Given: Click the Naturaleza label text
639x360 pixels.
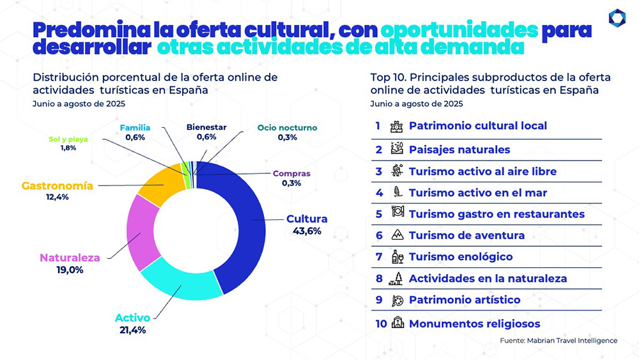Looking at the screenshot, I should [70, 258].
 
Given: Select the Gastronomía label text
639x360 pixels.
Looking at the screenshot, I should [58, 186].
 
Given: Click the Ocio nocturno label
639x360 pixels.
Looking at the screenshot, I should [287, 128].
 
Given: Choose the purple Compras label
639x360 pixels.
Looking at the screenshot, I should [291, 173].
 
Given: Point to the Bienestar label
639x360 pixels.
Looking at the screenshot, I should [206, 127].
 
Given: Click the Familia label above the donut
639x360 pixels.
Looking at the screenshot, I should [135, 127].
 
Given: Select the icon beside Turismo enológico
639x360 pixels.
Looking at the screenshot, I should [397, 257].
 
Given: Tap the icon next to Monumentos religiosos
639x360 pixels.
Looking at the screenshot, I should [398, 324].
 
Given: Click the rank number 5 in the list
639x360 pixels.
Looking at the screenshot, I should [378, 214].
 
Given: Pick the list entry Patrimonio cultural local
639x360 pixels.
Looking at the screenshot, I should [477, 126].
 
